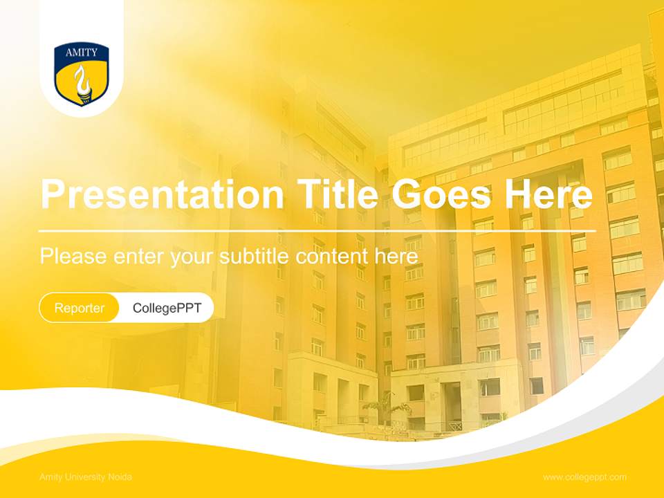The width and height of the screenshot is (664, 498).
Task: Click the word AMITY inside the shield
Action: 82,53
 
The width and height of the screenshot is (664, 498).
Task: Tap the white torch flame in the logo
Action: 83,82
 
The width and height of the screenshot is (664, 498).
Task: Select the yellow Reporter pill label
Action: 80,308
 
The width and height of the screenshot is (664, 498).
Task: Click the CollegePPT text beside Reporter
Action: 167,308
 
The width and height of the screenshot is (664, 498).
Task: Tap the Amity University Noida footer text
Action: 86,477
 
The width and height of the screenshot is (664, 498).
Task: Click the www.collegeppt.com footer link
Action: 584,477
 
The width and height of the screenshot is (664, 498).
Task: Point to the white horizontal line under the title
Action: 317,230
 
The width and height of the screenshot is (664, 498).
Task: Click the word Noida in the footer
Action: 120,477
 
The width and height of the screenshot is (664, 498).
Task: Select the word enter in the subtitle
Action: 139,257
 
